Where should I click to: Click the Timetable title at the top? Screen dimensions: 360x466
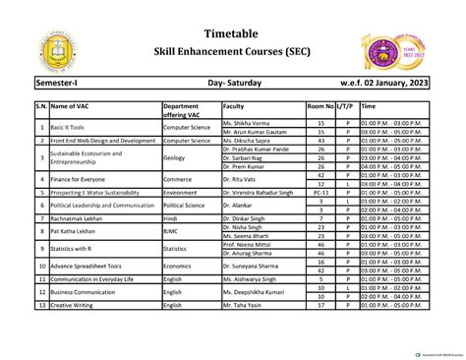tap(232, 30)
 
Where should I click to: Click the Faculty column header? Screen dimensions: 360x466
tap(234, 105)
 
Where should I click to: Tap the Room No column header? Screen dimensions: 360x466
tap(320, 105)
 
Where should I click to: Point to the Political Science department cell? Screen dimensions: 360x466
tap(184, 206)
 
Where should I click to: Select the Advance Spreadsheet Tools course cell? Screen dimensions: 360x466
tap(87, 265)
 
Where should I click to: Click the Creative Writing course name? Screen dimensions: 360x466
tap(78, 305)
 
